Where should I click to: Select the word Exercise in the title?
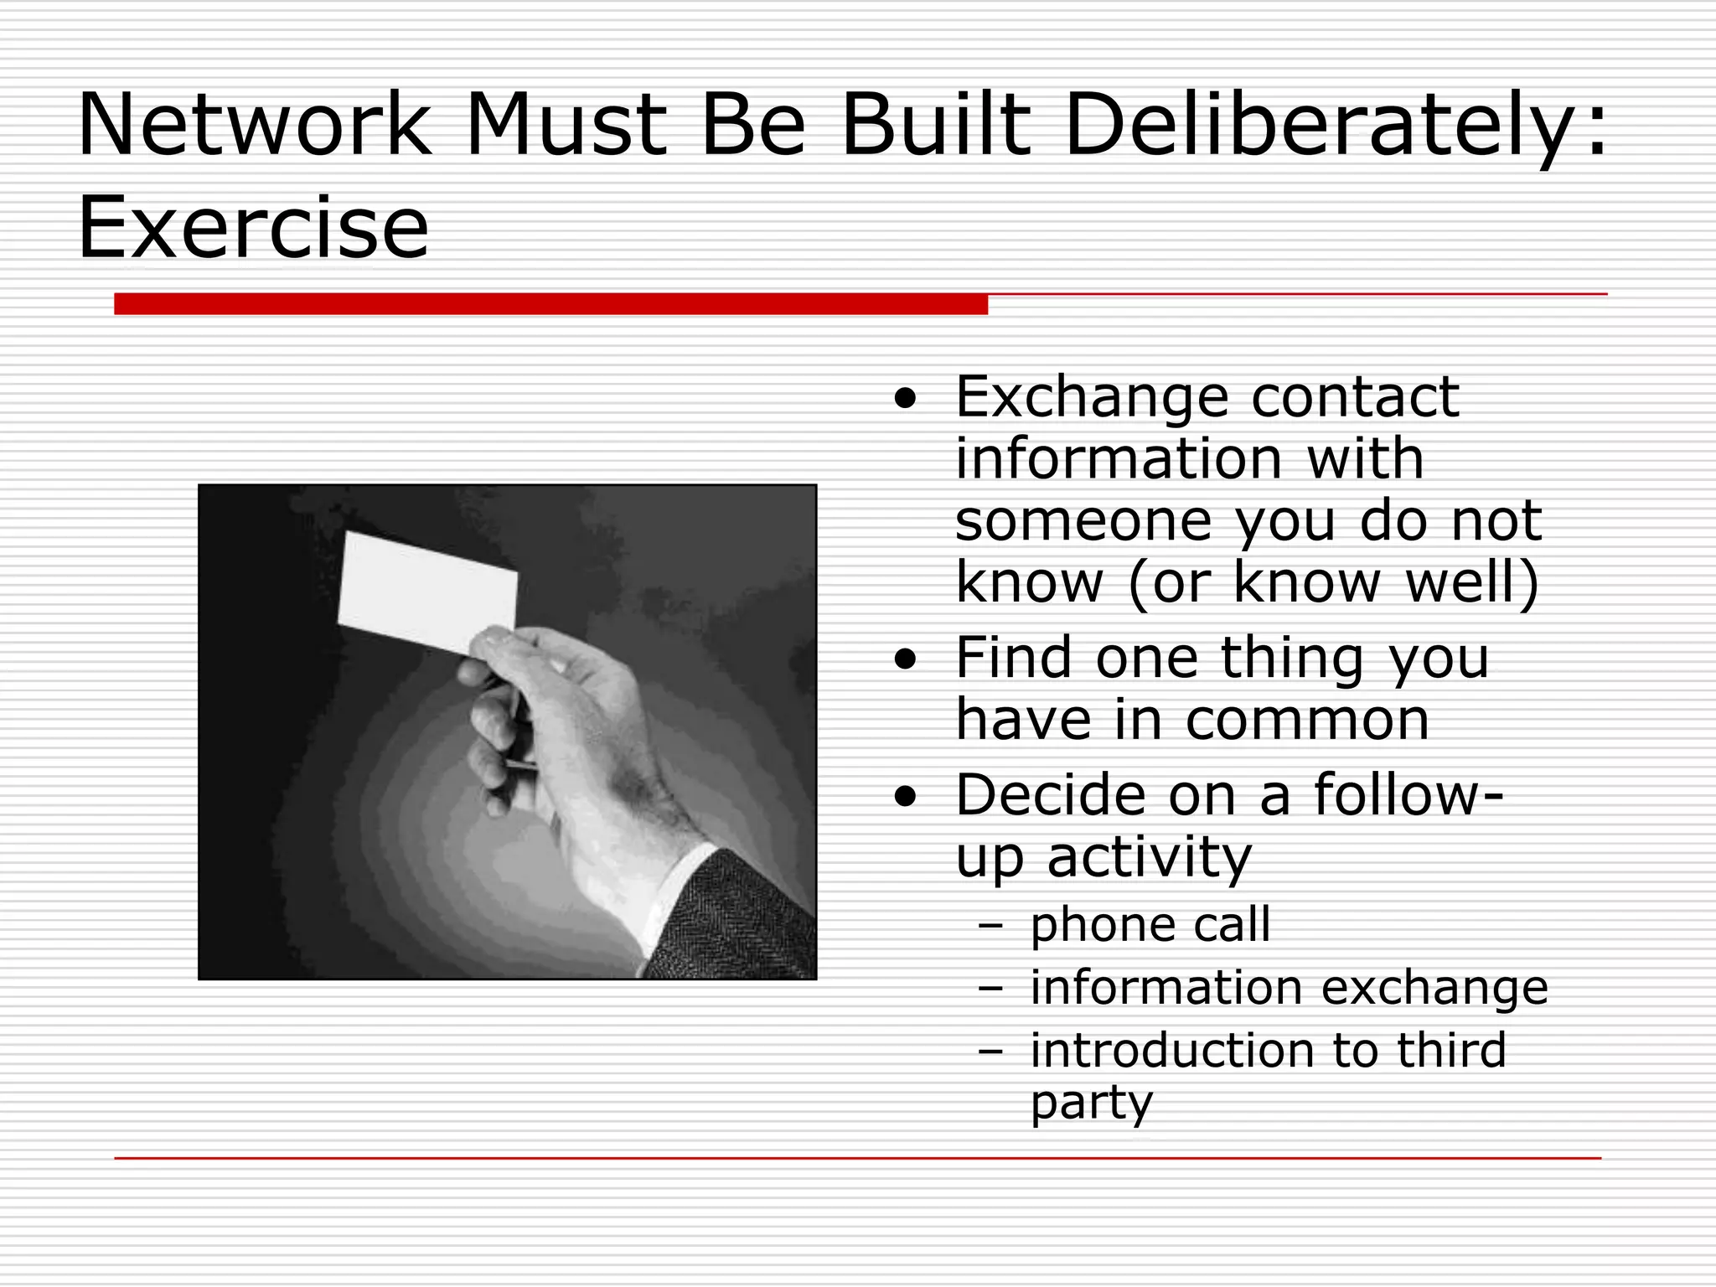(253, 228)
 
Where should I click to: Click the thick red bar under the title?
(550, 303)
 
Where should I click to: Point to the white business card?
(427, 590)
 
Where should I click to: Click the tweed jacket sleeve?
(746, 922)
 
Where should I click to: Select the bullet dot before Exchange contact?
(905, 398)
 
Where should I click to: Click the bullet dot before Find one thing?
(905, 659)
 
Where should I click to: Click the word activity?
(1149, 858)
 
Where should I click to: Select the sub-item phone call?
(1150, 925)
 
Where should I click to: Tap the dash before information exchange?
(990, 989)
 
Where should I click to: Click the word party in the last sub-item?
(1091, 1104)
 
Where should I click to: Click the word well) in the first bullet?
(1471, 582)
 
